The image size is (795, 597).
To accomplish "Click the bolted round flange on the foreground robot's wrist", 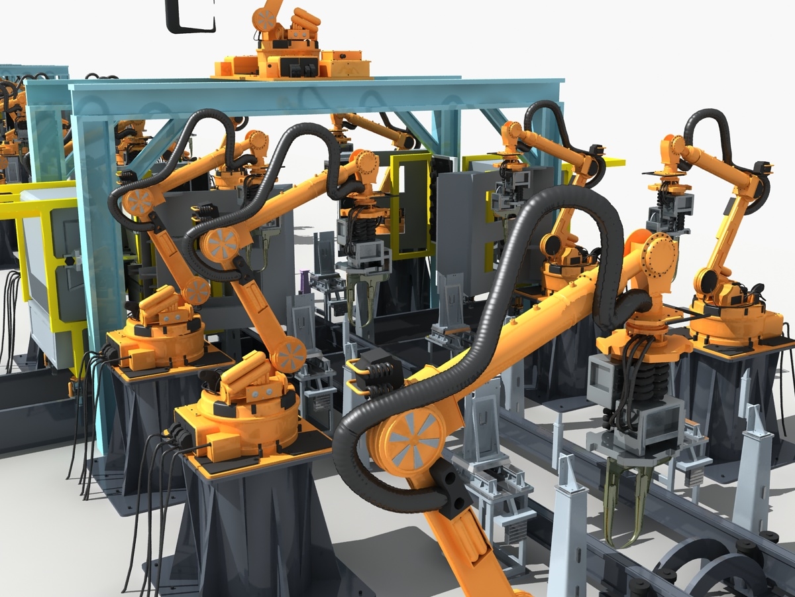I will point(659,255).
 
